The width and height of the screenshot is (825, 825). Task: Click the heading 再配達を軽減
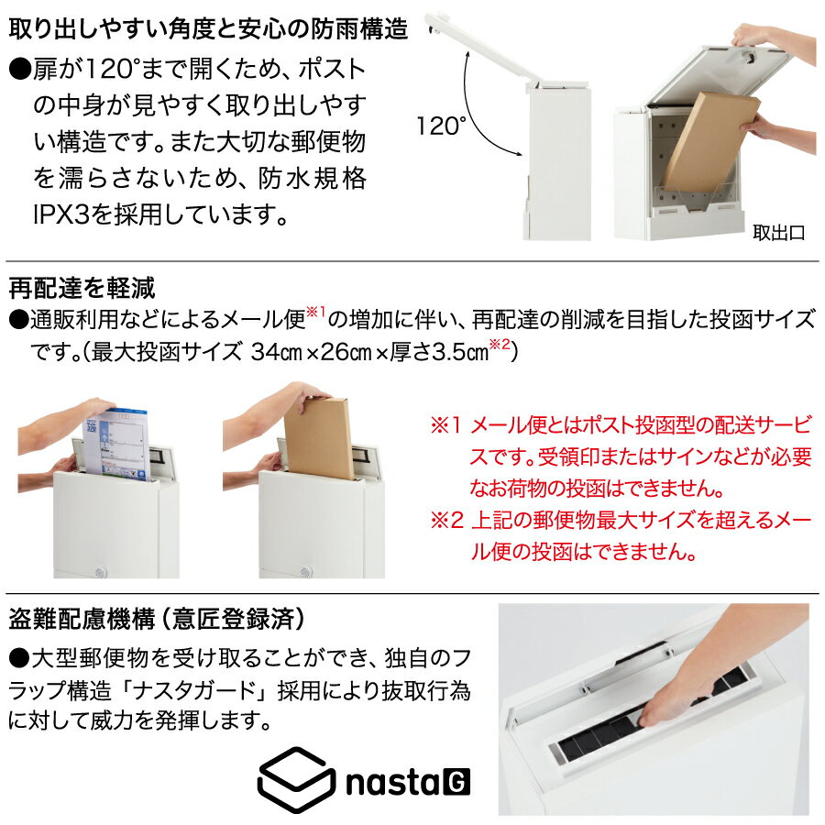click(82, 288)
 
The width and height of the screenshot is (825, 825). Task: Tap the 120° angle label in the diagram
click(441, 126)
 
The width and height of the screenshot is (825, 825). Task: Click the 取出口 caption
click(778, 232)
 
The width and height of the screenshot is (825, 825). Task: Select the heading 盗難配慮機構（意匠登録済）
click(157, 619)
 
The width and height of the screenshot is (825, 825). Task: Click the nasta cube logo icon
click(296, 780)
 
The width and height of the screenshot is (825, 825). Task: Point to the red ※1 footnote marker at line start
click(445, 425)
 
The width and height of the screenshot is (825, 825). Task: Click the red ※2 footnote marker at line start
click(446, 520)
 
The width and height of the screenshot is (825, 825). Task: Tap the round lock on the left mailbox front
click(101, 572)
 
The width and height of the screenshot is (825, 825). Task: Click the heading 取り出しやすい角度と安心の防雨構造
click(208, 29)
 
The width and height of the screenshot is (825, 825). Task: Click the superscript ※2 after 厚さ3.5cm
click(500, 344)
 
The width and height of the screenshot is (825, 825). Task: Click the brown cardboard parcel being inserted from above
click(318, 438)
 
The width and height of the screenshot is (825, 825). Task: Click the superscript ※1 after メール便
click(315, 312)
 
